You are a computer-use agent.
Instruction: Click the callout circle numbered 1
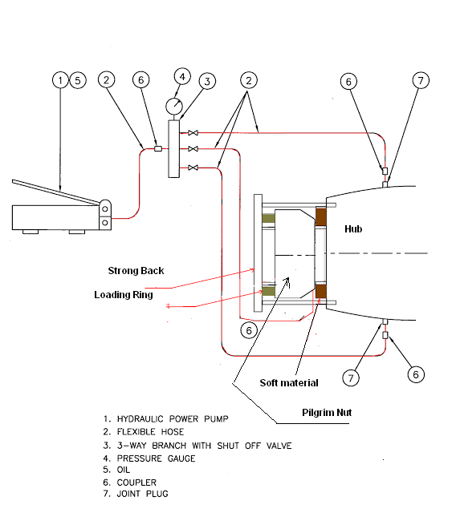60,80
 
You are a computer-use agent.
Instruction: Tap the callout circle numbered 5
77,80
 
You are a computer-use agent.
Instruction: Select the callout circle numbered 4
182,76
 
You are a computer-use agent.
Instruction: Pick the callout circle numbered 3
206,81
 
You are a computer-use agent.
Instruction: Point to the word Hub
354,228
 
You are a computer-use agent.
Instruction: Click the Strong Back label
136,271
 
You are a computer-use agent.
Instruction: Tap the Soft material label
289,382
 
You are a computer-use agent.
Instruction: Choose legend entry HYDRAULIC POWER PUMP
166,419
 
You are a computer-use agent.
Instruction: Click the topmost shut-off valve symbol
193,131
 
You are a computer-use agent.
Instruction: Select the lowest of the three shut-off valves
193,167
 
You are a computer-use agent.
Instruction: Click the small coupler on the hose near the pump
157,148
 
